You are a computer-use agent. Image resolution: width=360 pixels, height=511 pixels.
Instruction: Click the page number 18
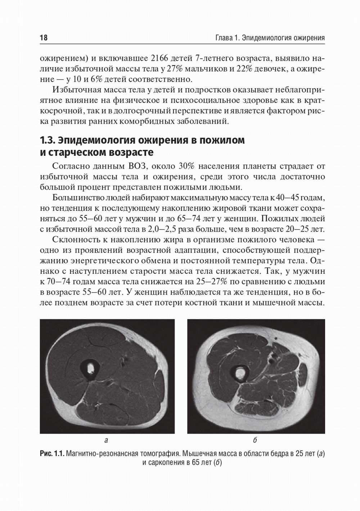pyautogui.click(x=44, y=38)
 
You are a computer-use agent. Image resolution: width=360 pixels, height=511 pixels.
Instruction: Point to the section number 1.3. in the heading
pyautogui.click(x=47, y=140)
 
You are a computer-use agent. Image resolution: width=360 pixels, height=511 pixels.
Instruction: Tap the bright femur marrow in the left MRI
pyautogui.click(x=90, y=368)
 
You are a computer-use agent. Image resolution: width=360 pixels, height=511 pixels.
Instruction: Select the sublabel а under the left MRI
pyautogui.click(x=106, y=440)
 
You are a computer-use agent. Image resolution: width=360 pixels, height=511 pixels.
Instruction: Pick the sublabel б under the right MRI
pyautogui.click(x=255, y=440)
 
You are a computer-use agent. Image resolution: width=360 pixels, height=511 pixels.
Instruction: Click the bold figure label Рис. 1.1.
pyautogui.click(x=52, y=454)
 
